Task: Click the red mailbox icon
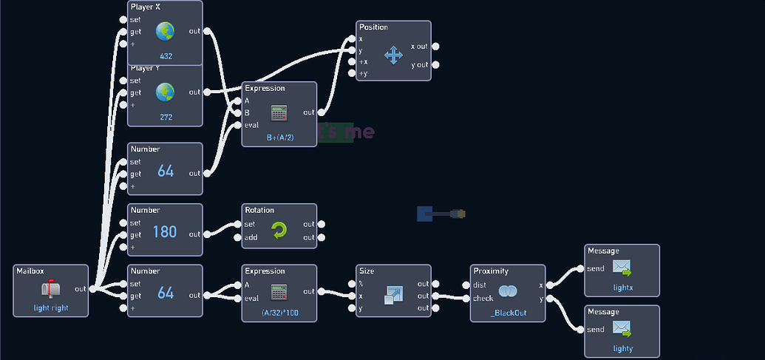pos(50,289)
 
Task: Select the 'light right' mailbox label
pos(51,308)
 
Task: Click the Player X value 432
pos(165,56)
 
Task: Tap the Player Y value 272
pos(165,117)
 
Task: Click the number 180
pos(165,232)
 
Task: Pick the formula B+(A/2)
pos(279,137)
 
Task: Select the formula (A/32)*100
pos(279,313)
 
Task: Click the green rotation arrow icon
pos(279,231)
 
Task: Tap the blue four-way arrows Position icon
pos(393,55)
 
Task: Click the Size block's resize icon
pos(392,295)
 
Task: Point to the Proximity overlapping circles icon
pos(507,291)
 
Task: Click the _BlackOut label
pos(507,313)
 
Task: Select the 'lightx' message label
pos(622,288)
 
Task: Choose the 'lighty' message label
pos(622,348)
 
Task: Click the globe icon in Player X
pos(165,31)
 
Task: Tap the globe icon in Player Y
pos(165,92)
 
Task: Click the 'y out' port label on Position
pos(418,65)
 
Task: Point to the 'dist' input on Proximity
pos(480,285)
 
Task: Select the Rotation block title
pos(259,210)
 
